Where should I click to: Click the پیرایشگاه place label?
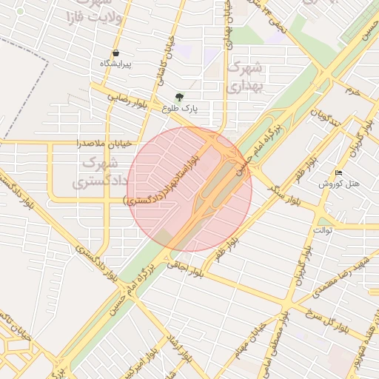[115, 64]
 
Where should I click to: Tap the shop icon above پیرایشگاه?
[115, 53]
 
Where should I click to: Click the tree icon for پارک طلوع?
[179, 97]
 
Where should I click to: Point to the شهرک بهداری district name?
[244, 76]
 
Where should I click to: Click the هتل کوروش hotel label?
[340, 184]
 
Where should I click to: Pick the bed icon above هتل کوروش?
[339, 173]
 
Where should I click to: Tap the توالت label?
[323, 230]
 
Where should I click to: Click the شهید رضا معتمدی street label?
[341, 277]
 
